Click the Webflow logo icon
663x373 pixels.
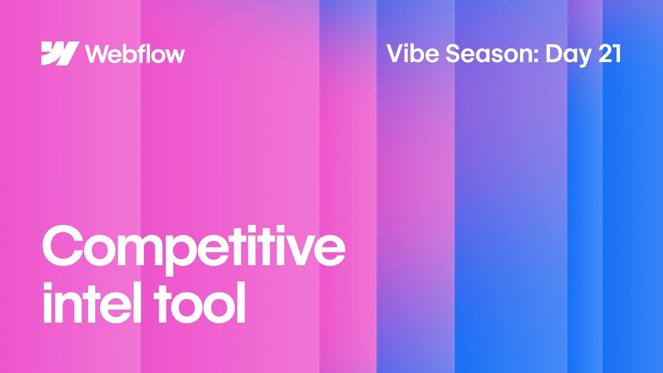point(60,53)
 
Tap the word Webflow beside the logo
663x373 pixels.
point(135,53)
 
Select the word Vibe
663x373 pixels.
point(412,54)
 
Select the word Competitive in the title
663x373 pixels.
point(193,248)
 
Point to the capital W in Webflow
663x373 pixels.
point(97,53)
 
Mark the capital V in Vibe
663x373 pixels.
point(396,54)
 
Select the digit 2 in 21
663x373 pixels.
point(605,54)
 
